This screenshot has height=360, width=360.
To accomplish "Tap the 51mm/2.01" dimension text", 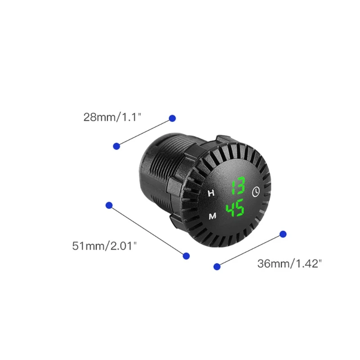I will click(x=104, y=246).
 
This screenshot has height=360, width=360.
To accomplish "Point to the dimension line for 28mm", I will click(x=144, y=132).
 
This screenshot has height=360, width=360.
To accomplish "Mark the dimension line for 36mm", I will click(x=250, y=250).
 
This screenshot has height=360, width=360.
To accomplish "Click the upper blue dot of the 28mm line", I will click(x=172, y=118).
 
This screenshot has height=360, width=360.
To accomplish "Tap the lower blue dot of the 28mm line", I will click(x=117, y=146).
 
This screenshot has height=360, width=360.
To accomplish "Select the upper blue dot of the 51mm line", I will click(x=109, y=205).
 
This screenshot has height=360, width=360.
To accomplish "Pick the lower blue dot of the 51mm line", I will click(x=186, y=256).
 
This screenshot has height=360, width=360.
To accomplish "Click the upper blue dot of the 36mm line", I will click(x=283, y=234).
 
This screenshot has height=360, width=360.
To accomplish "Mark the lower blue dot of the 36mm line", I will click(x=217, y=266).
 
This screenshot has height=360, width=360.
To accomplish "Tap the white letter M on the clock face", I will click(x=212, y=216).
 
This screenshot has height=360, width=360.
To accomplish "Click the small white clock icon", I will click(x=256, y=192).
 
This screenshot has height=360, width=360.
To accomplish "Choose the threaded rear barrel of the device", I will click(x=155, y=171).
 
